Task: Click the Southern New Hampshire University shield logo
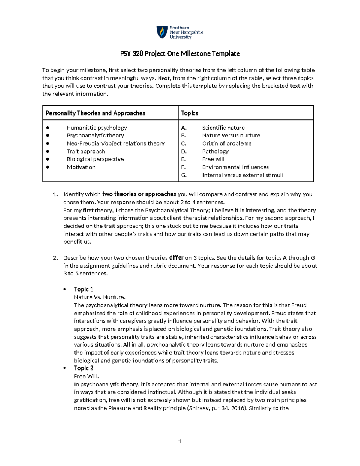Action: pyautogui.click(x=162, y=32)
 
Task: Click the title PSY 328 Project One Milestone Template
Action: pyautogui.click(x=180, y=54)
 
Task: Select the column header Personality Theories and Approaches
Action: pyautogui.click(x=95, y=113)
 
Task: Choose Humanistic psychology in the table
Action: pyautogui.click(x=97, y=128)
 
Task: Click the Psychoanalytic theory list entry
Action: pyautogui.click(x=95, y=135)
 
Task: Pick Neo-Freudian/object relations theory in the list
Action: pyautogui.click(x=115, y=143)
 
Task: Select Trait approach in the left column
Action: pyautogui.click(x=86, y=152)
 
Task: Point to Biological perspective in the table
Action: pyautogui.click(x=95, y=159)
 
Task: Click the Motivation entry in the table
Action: pyautogui.click(x=81, y=167)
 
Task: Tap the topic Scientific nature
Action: pyautogui.click(x=223, y=128)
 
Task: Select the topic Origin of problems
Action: pyautogui.click(x=227, y=143)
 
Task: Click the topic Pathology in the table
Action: pyautogui.click(x=215, y=152)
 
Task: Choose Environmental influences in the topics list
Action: pyautogui.click(x=235, y=167)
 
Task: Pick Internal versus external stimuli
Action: pyautogui.click(x=243, y=175)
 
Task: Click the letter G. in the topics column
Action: pyautogui.click(x=184, y=175)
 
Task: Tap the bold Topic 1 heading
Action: pyautogui.click(x=83, y=289)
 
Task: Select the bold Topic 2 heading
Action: pyautogui.click(x=83, y=368)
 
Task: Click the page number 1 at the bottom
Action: pyautogui.click(x=180, y=441)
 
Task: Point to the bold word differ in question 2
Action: pyautogui.click(x=176, y=258)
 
